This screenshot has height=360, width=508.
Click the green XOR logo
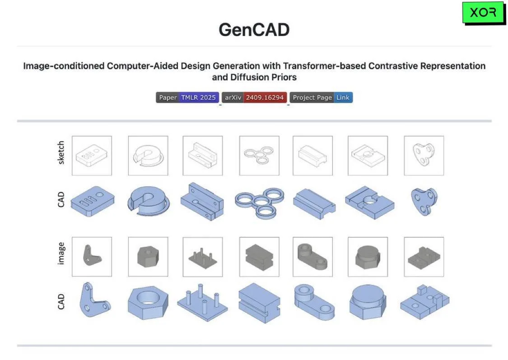pyautogui.click(x=484, y=13)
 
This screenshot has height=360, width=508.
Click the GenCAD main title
pyautogui.click(x=254, y=30)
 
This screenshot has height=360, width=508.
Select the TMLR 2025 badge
pyautogui.click(x=198, y=97)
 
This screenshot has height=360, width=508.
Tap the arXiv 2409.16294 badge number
pyautogui.click(x=265, y=97)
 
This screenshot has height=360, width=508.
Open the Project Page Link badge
pyautogui.click(x=321, y=97)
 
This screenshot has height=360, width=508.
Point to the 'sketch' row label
pyautogui.click(x=61, y=152)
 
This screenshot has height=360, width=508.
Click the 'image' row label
pyautogui.click(x=61, y=254)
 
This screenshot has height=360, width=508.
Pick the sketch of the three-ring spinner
pyautogui.click(x=259, y=155)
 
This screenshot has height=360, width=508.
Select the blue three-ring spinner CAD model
pyautogui.click(x=260, y=203)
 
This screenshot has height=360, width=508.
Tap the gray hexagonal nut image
pyautogui.click(x=148, y=257)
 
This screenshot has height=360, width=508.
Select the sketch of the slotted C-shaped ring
pyautogui.click(x=148, y=155)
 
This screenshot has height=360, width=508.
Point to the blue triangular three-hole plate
pyautogui.click(x=424, y=201)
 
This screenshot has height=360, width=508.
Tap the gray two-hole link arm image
pyautogui.click(x=312, y=257)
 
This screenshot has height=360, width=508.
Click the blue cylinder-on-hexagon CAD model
pyautogui.click(x=368, y=302)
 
